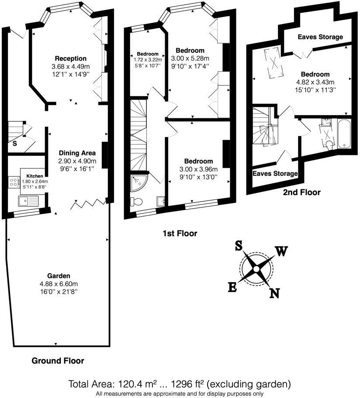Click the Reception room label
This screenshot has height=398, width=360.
pos(71,58)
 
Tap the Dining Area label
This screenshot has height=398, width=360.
pos(77,153)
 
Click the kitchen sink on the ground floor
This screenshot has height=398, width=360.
pos(28,201)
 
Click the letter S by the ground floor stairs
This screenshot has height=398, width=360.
pos(15,143)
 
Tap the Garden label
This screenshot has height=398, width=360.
pos(59,276)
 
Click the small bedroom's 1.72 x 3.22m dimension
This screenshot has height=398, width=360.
pos(147,60)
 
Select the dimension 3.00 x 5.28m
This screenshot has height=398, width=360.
pos(190,58)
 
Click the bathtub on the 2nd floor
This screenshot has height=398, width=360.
pos(345,133)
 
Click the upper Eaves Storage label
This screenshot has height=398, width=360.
pos(320,37)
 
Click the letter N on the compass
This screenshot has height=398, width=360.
pos(274,293)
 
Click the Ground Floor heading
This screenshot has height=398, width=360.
pos(58,361)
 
